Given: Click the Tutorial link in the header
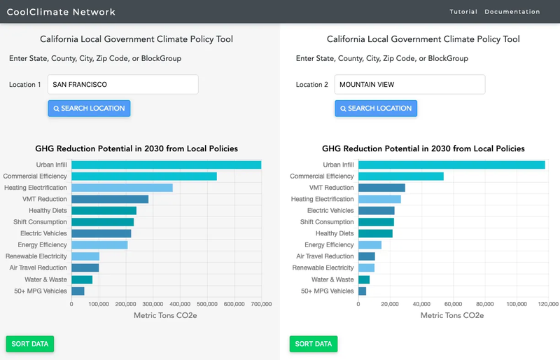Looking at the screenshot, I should (463, 12).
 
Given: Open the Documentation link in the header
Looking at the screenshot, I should (512, 12).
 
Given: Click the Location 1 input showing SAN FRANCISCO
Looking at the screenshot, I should (123, 85).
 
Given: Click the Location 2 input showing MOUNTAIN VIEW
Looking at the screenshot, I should (409, 85).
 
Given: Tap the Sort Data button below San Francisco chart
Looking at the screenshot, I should (30, 344).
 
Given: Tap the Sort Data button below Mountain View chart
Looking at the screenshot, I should (313, 344).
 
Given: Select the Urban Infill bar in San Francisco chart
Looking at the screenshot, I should (166, 165).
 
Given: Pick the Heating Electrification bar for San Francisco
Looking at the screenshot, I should (122, 188).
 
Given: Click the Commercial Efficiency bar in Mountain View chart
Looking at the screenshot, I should (401, 176).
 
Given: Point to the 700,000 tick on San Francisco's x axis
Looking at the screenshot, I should (261, 305).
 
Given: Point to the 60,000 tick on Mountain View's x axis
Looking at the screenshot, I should (453, 305).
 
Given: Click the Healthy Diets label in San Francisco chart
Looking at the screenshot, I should (48, 211).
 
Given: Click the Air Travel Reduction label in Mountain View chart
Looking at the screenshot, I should (325, 256).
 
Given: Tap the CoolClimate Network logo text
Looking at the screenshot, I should (61, 12).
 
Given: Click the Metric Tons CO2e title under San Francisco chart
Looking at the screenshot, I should (165, 316).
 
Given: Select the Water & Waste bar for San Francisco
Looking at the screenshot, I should (82, 279).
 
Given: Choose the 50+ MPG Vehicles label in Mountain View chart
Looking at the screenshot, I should (328, 291).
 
